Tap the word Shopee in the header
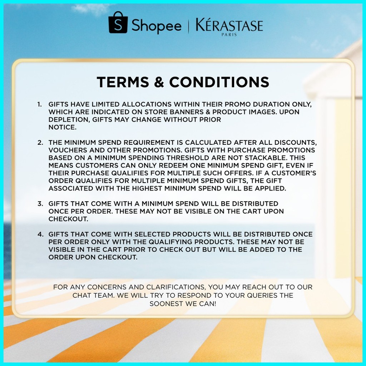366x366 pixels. click(157, 26)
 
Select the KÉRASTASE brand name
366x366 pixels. click(229, 25)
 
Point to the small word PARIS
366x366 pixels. click(229, 35)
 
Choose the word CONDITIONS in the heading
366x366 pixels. click(219, 82)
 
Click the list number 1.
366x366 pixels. click(39, 104)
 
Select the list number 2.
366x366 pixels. click(40, 143)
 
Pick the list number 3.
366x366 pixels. click(40, 204)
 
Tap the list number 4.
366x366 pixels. click(40, 234)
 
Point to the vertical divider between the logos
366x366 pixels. click(188, 26)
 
